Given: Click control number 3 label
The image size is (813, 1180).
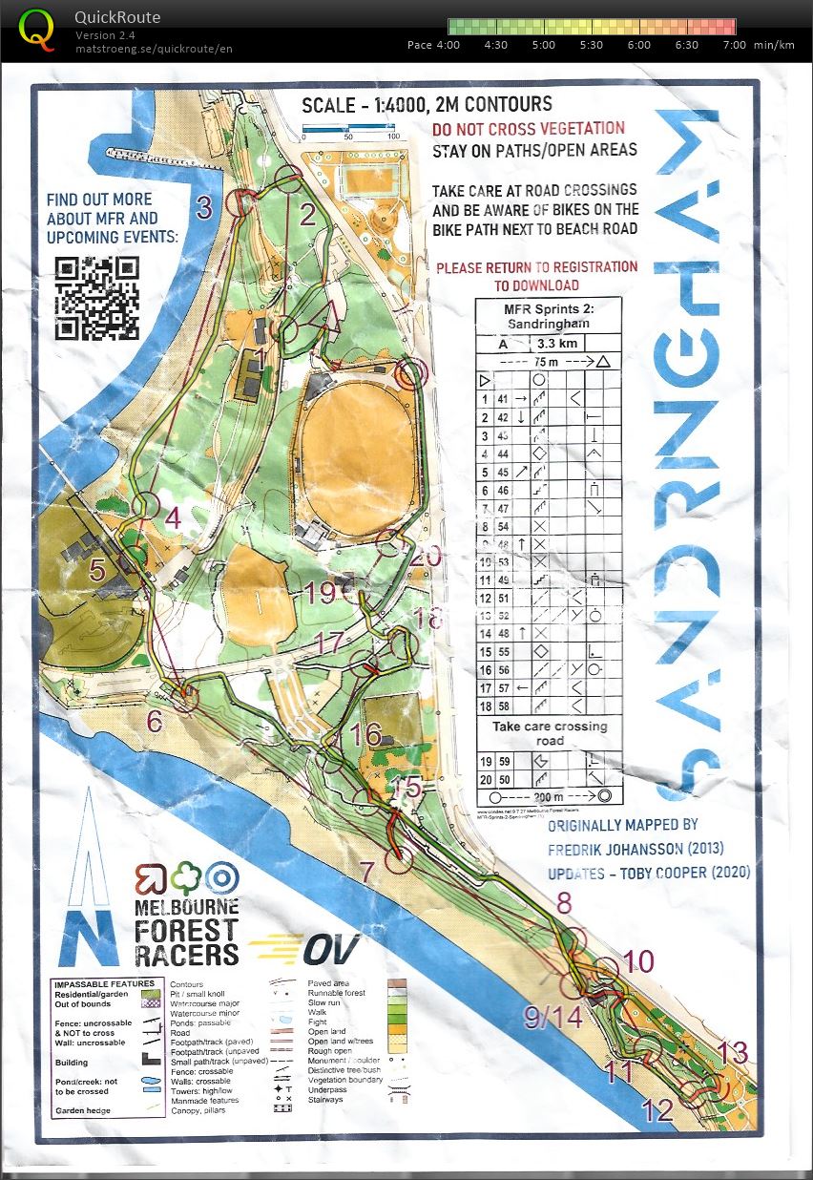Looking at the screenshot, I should (x=204, y=208).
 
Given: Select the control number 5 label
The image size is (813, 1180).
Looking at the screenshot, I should (x=97, y=571).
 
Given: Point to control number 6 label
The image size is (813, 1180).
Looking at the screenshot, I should (x=154, y=721).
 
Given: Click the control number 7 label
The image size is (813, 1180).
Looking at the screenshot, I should (x=367, y=871).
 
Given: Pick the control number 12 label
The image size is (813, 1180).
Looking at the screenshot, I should (x=657, y=1110).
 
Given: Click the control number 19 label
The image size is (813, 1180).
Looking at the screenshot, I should (x=320, y=594).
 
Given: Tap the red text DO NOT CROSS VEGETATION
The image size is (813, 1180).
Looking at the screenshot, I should (x=529, y=129).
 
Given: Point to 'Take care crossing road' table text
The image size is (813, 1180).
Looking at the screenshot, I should (x=549, y=733).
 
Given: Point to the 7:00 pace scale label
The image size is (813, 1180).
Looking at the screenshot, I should (x=734, y=45).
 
